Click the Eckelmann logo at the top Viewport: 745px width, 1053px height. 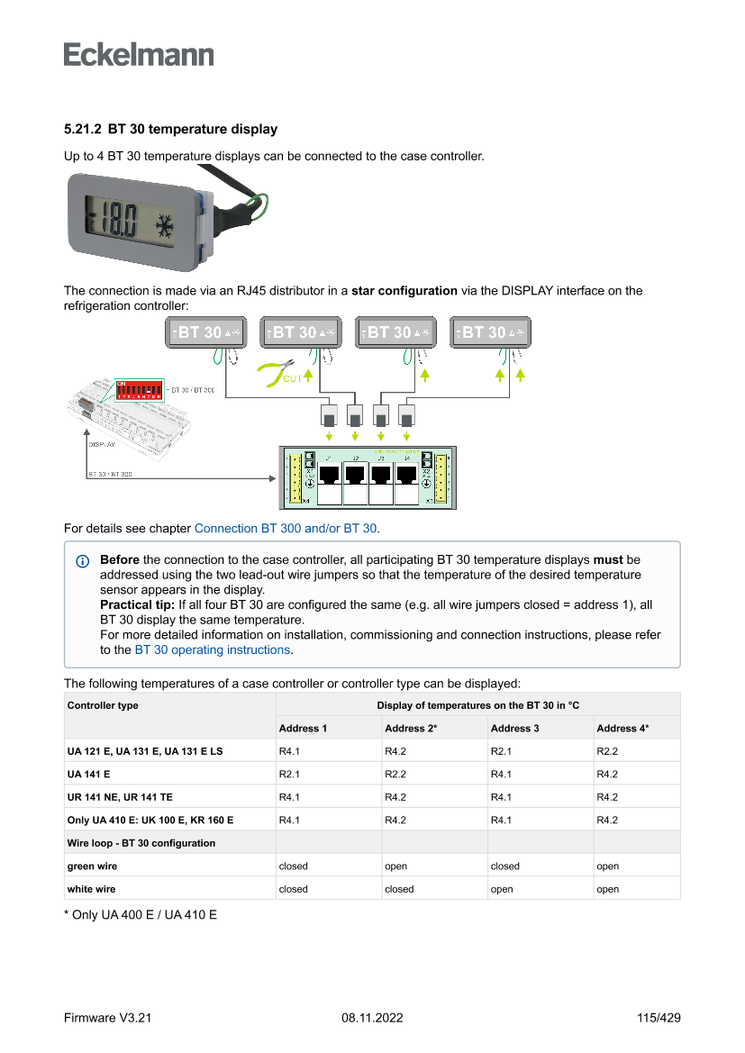point(139,54)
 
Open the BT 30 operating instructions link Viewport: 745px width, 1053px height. point(213,649)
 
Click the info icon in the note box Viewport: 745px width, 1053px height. point(83,561)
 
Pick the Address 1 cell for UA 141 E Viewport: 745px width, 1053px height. point(289,774)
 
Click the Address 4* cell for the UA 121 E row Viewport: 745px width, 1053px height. point(607,751)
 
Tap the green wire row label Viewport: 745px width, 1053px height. point(92,867)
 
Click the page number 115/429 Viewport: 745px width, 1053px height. point(659,1018)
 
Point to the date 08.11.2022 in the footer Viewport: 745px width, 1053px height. point(372,1018)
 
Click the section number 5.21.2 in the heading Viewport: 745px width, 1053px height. point(82,130)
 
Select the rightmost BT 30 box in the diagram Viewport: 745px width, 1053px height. point(490,332)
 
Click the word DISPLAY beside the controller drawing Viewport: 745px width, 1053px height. point(101,444)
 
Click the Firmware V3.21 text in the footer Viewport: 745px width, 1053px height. point(108,1018)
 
